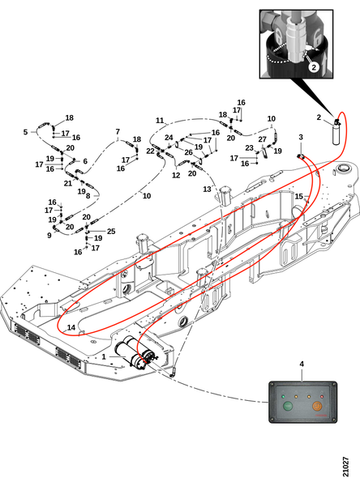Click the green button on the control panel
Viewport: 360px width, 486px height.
pyautogui.click(x=287, y=406)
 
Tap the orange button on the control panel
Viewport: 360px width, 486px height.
pyautogui.click(x=317, y=406)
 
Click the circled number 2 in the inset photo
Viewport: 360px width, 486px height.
pyautogui.click(x=314, y=67)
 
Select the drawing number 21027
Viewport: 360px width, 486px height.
pyautogui.click(x=345, y=467)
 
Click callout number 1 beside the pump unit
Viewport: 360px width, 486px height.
pyautogui.click(x=104, y=356)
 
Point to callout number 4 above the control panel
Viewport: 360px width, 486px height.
pyautogui.click(x=302, y=364)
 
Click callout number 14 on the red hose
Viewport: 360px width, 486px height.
pyautogui.click(x=71, y=327)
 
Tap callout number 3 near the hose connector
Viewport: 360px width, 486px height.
pyautogui.click(x=301, y=137)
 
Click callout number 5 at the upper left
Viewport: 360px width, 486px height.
pyautogui.click(x=25, y=132)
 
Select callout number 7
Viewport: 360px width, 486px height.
pyautogui.click(x=118, y=132)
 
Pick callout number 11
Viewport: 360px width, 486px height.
pyautogui.click(x=160, y=120)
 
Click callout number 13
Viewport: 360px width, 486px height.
pyautogui.click(x=207, y=189)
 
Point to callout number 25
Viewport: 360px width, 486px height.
pyautogui.click(x=111, y=231)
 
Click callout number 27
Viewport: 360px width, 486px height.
pyautogui.click(x=262, y=139)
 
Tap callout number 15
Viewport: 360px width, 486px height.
pyautogui.click(x=298, y=197)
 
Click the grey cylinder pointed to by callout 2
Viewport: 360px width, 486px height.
pyautogui.click(x=336, y=134)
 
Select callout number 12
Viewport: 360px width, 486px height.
pyautogui.click(x=176, y=176)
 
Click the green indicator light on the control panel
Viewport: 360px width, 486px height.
pyautogui.click(x=283, y=396)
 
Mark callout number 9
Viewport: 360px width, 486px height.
pyautogui.click(x=49, y=236)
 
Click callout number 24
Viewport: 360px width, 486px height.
pyautogui.click(x=169, y=138)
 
